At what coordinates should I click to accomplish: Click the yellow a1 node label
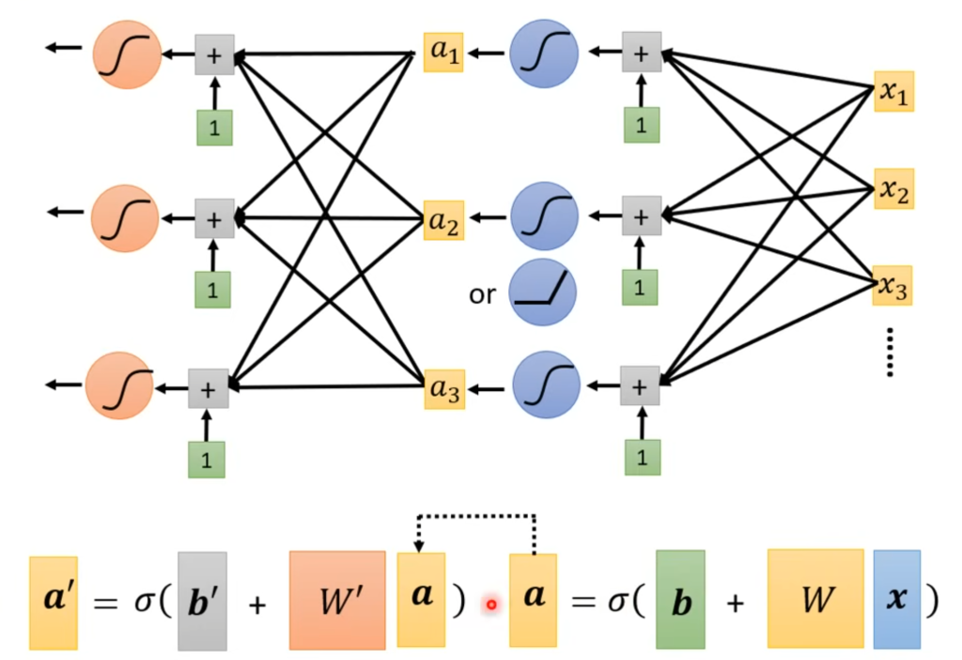(443, 53)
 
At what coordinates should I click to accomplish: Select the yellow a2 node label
(443, 221)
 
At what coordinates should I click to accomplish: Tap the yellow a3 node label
(443, 388)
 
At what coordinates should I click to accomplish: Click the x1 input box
(893, 91)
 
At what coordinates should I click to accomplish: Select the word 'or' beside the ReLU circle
(482, 294)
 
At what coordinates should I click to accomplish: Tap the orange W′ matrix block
(337, 600)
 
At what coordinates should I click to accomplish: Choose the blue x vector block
(896, 599)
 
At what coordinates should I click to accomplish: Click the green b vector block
(681, 599)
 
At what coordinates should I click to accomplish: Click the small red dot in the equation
(490, 605)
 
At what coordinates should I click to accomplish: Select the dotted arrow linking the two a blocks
(476, 516)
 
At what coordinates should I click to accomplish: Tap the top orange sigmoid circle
(127, 55)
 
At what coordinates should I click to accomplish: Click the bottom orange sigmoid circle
(119, 387)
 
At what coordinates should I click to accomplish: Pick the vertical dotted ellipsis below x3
(890, 353)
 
